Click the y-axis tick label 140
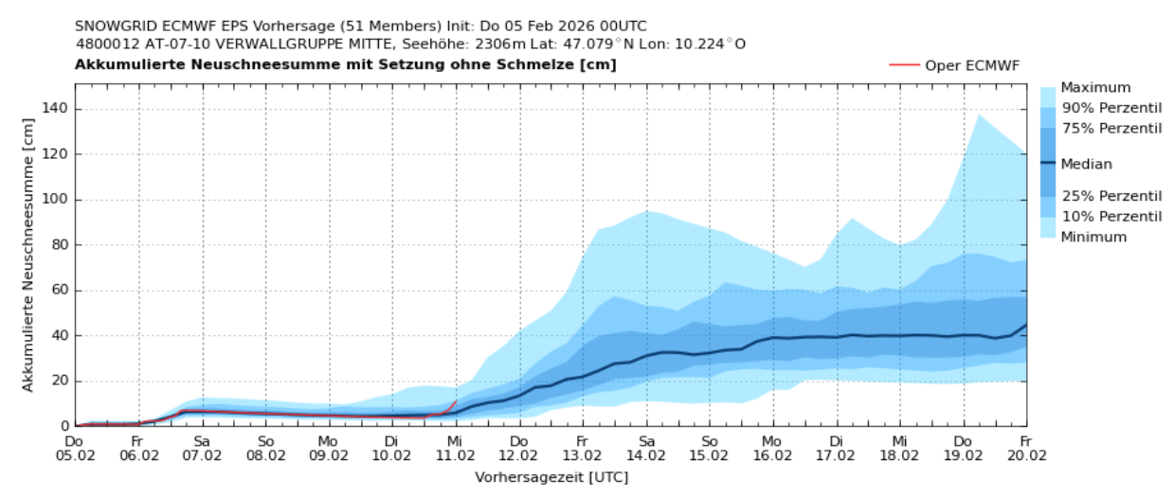[54, 109]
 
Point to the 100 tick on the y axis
[54, 200]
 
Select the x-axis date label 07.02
[202, 455]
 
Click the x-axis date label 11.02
[456, 455]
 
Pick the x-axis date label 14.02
[646, 455]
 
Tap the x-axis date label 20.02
[1026, 455]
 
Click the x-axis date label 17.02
[836, 455]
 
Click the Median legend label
[1086, 164]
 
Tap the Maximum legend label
[1095, 87]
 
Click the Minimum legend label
[1093, 237]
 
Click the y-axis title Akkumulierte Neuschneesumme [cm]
[28, 255]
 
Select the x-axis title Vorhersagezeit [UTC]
[551, 476]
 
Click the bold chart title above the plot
[345, 64]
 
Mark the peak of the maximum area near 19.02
[979, 115]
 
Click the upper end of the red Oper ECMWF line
[456, 400]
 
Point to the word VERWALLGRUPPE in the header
[267, 44]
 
